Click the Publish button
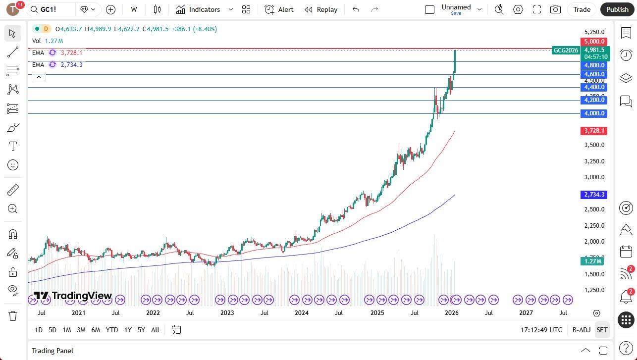click(x=617, y=9)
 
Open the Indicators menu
click(x=204, y=9)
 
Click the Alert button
click(x=279, y=9)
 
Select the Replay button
click(x=321, y=9)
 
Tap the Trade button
click(x=582, y=9)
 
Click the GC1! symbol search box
click(x=52, y=9)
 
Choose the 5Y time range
click(x=141, y=330)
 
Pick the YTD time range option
click(x=112, y=330)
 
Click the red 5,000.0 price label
click(x=594, y=42)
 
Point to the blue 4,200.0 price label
click(x=594, y=100)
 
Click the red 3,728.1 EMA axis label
click(x=594, y=131)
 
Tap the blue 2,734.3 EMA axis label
click(x=594, y=195)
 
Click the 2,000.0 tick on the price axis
click(x=594, y=242)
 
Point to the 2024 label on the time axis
click(x=302, y=313)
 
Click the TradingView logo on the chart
click(x=73, y=296)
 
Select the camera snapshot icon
click(x=555, y=9)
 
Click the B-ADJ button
click(x=581, y=330)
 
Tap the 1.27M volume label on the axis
click(x=593, y=261)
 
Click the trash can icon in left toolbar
click(x=13, y=315)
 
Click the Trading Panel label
click(x=53, y=351)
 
